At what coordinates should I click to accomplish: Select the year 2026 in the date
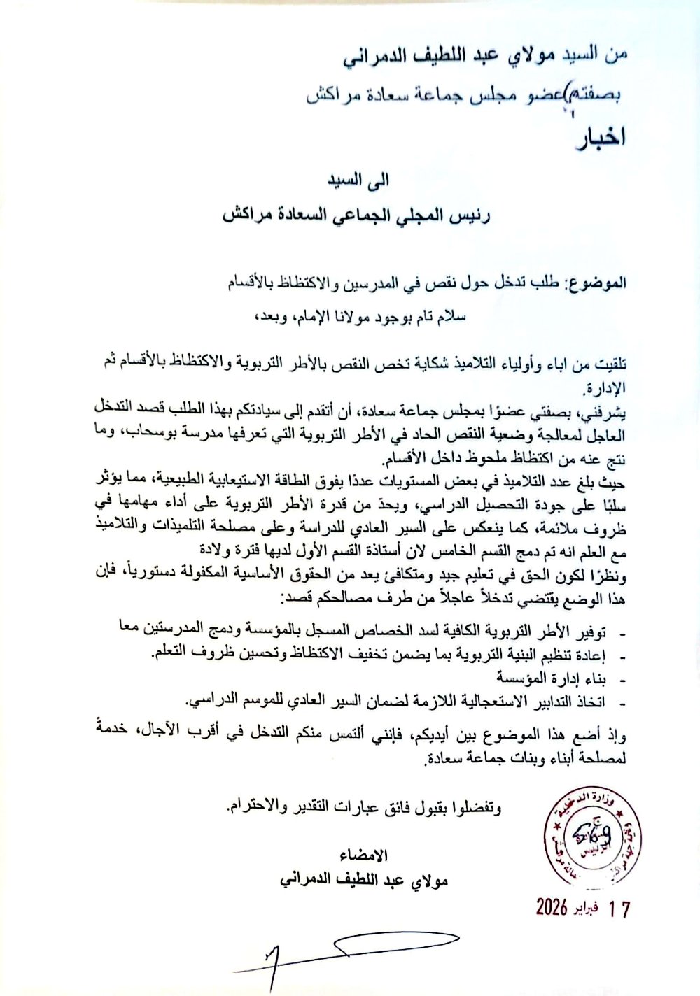pyautogui.click(x=552, y=907)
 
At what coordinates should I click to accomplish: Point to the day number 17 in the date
pyautogui.click(x=619, y=909)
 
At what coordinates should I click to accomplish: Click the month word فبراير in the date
pyautogui.click(x=585, y=908)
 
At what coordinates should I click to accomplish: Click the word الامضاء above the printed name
pyautogui.click(x=364, y=855)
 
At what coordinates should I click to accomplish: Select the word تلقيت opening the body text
pyautogui.click(x=610, y=364)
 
